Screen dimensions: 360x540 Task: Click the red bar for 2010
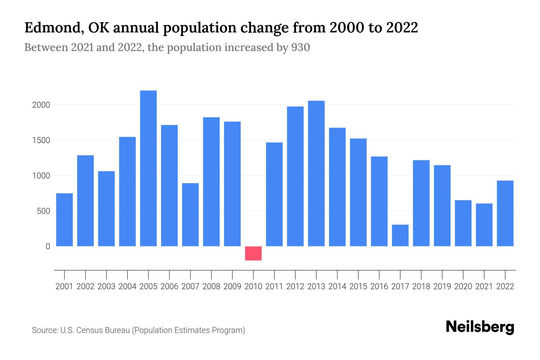click(253, 253)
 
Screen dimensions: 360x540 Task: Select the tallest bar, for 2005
click(148, 168)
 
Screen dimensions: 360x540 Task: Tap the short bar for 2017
click(400, 235)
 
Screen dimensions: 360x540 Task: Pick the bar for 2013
click(316, 173)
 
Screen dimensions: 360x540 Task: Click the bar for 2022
click(505, 213)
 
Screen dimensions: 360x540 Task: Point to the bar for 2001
click(64, 220)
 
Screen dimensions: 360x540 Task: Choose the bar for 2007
click(190, 214)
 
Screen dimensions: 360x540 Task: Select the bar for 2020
click(463, 223)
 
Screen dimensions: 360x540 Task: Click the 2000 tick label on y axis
click(41, 105)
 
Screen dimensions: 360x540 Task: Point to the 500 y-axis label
click(43, 211)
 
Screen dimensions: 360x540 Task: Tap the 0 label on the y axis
click(48, 247)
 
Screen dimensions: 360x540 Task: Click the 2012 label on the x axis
click(295, 286)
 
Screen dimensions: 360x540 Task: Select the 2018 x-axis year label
click(421, 286)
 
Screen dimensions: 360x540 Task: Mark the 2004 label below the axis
click(127, 286)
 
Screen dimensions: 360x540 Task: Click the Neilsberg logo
click(480, 327)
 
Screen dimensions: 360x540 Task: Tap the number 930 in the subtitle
click(301, 47)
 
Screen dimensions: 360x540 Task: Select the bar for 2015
click(358, 192)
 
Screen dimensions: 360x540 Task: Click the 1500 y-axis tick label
click(41, 140)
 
